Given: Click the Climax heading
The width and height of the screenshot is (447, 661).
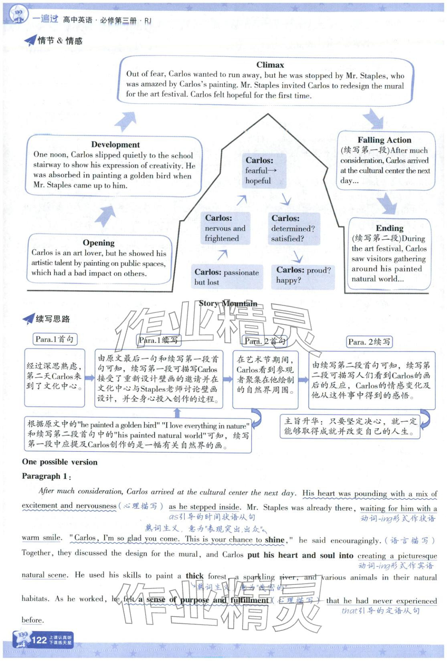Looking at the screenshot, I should (270, 65).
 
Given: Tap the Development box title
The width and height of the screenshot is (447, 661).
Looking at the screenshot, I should (115, 145).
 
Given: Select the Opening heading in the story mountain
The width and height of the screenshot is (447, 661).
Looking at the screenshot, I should (99, 243).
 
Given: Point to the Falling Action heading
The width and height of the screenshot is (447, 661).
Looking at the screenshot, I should (384, 140).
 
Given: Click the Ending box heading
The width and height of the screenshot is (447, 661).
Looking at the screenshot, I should (389, 228).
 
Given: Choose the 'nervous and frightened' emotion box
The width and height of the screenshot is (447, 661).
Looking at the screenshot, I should (226, 228).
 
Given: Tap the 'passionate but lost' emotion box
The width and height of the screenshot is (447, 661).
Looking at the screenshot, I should (227, 277).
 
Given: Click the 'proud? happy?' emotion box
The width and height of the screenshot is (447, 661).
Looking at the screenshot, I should (303, 275).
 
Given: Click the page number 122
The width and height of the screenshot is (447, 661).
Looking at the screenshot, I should (39, 640).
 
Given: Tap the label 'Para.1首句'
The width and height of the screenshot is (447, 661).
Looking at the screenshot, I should (55, 339).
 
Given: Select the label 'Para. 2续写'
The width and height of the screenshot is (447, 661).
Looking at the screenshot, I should (369, 342).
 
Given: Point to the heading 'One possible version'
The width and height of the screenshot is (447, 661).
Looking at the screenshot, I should (60, 462).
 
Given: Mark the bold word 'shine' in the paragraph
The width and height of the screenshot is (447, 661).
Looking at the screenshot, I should (275, 540).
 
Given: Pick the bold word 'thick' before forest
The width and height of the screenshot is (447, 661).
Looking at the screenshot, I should (194, 576).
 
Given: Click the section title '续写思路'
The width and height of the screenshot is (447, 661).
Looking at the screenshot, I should (53, 319).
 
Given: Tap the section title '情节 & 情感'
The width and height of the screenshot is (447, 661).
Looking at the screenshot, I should (60, 40).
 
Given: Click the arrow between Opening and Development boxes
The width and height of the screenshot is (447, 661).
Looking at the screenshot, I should (105, 217).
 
